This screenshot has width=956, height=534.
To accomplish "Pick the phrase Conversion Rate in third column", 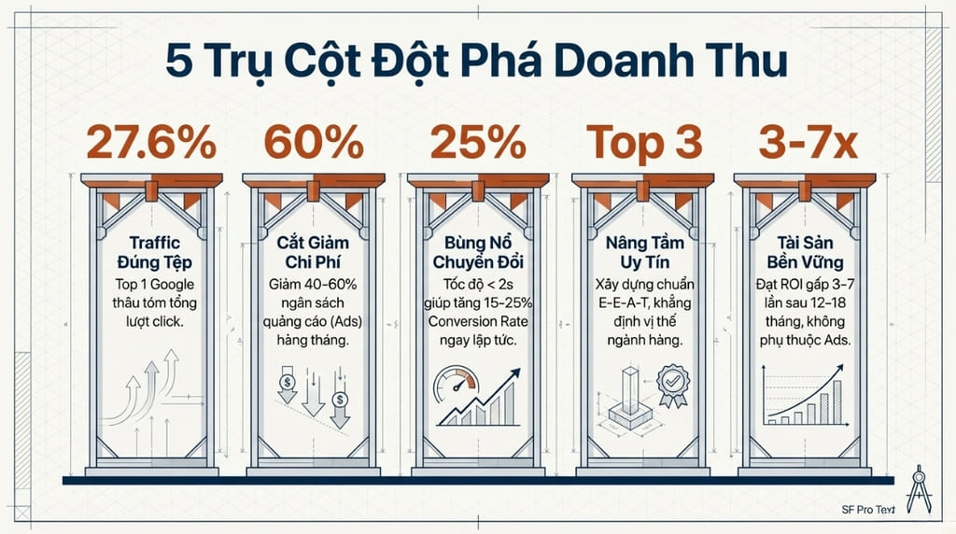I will tap(477, 323).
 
